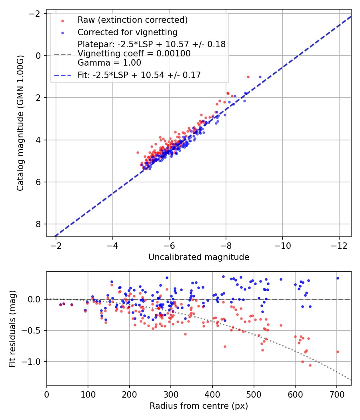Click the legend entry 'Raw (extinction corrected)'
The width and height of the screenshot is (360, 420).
point(132,20)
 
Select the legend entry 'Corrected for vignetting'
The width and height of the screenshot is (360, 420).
point(127,32)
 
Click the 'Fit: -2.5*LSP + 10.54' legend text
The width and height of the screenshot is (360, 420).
point(139,75)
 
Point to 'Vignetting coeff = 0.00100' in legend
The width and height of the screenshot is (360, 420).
point(134,53)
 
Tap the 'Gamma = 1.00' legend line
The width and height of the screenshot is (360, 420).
point(109,63)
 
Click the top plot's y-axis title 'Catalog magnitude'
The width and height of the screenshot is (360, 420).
point(20,123)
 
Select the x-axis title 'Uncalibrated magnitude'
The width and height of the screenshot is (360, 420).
point(199,257)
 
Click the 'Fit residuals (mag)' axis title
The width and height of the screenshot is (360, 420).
point(12,328)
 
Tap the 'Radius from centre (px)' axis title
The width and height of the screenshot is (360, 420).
point(199,406)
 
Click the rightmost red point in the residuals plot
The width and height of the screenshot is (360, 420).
point(338,352)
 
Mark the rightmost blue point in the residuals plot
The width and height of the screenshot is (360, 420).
point(338,278)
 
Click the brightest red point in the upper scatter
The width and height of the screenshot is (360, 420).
point(248,77)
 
